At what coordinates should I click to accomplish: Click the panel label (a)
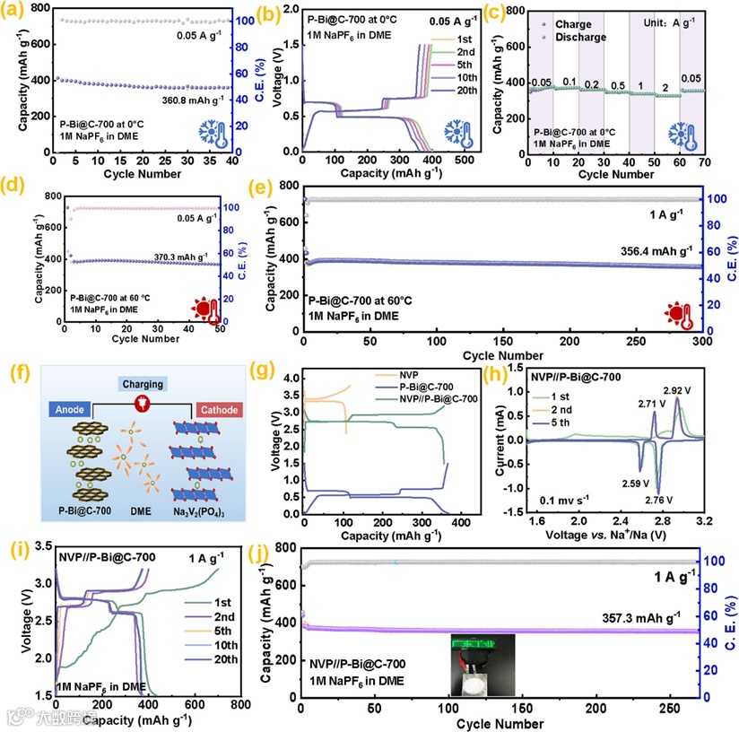click(x=15, y=13)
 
